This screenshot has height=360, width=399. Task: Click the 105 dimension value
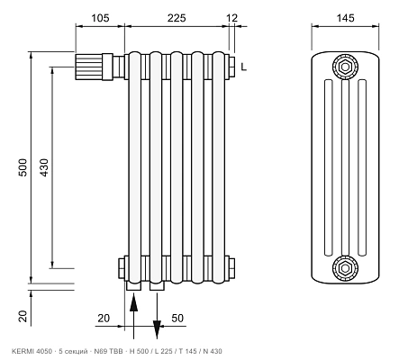100,18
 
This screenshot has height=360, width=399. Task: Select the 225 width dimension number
177,18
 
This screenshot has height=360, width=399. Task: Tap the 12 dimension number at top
231,18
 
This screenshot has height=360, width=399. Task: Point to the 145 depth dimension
345,18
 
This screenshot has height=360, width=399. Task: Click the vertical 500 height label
23,167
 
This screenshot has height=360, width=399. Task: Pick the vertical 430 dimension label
44,167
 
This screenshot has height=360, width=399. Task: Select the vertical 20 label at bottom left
23,317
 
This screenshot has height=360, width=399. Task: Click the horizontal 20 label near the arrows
104,318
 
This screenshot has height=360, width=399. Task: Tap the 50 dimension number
177,318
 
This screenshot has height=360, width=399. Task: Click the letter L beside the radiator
244,67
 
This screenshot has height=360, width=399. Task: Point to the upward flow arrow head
134,303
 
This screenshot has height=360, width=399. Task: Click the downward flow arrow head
157,329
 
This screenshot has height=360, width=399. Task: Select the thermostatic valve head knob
89,67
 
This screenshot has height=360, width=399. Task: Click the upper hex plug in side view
345,67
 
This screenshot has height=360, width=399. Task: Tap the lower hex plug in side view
345,268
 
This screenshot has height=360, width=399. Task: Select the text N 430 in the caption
213,351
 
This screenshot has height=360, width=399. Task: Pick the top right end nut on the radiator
231,67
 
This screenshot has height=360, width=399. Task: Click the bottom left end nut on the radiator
122,268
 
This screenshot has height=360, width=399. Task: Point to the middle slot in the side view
345,168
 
